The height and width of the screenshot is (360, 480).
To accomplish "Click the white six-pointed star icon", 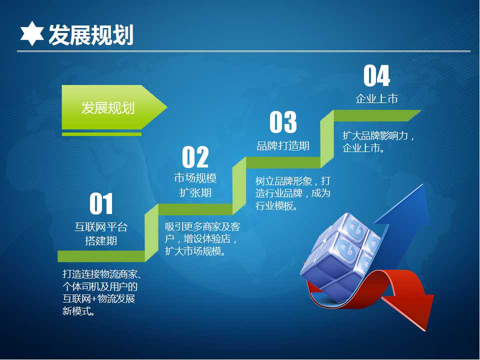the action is point(32,33).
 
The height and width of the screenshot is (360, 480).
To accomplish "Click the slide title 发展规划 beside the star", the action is point(91,35).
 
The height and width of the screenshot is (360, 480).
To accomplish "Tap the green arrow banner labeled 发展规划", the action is point(114,107).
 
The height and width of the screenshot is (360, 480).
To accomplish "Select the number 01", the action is point(101,203).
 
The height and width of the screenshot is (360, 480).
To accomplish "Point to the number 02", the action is point(195,156).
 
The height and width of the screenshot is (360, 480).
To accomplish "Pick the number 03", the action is point(283,122).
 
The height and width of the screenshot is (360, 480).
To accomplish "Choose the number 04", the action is point(376,76).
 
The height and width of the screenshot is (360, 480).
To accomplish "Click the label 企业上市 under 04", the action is point(376,98).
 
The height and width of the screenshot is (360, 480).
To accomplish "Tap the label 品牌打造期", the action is point(283,145).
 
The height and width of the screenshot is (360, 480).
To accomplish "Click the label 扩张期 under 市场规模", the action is point(195,192).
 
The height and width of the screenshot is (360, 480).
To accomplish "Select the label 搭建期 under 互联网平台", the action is point(101,240).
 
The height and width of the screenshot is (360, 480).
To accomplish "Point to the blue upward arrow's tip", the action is point(423,184).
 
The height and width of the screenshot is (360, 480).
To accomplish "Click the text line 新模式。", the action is point(78,311).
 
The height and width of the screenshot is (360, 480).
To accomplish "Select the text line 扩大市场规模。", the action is point(195,251).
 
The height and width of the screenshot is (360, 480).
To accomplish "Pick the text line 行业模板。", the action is point(277,205).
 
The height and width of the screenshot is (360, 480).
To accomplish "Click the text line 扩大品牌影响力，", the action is point(378,135).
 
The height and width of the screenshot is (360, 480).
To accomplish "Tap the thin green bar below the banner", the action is point(101,134).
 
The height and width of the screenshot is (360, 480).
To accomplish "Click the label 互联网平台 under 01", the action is point(101,227).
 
